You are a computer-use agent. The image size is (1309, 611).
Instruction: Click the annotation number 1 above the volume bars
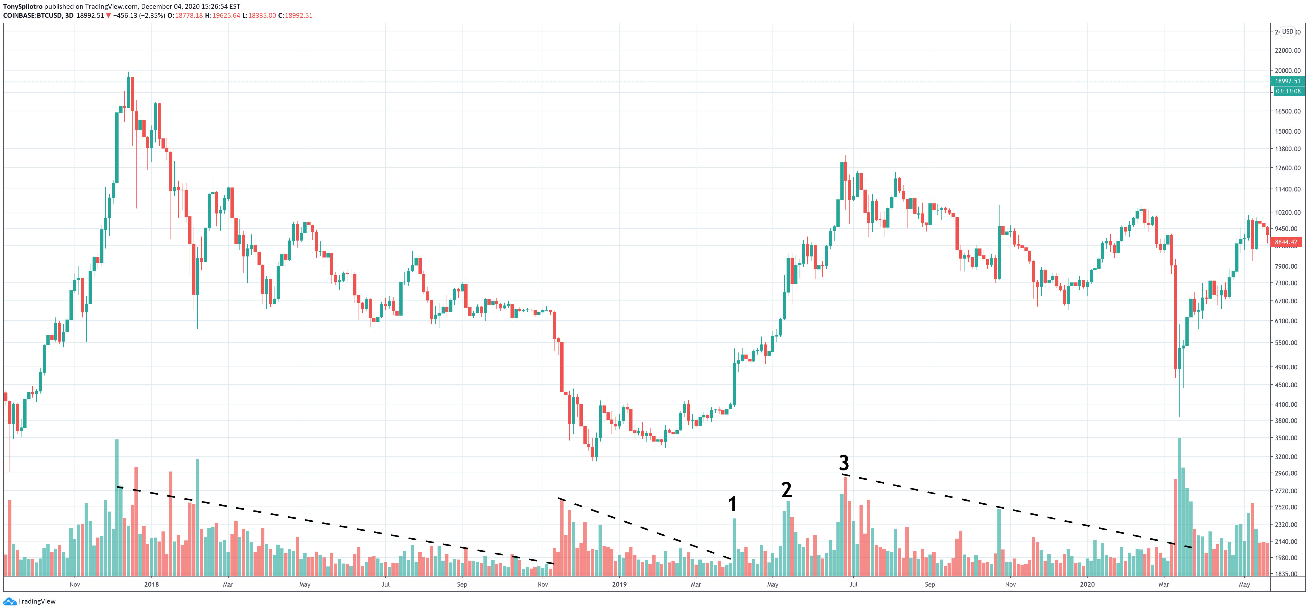(x=732, y=504)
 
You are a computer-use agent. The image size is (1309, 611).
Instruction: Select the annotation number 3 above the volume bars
(x=844, y=462)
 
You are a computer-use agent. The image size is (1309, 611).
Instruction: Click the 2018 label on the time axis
(x=151, y=584)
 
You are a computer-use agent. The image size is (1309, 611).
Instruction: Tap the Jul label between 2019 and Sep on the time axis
(x=853, y=584)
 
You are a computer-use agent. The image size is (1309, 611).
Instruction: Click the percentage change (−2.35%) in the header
(x=152, y=16)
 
